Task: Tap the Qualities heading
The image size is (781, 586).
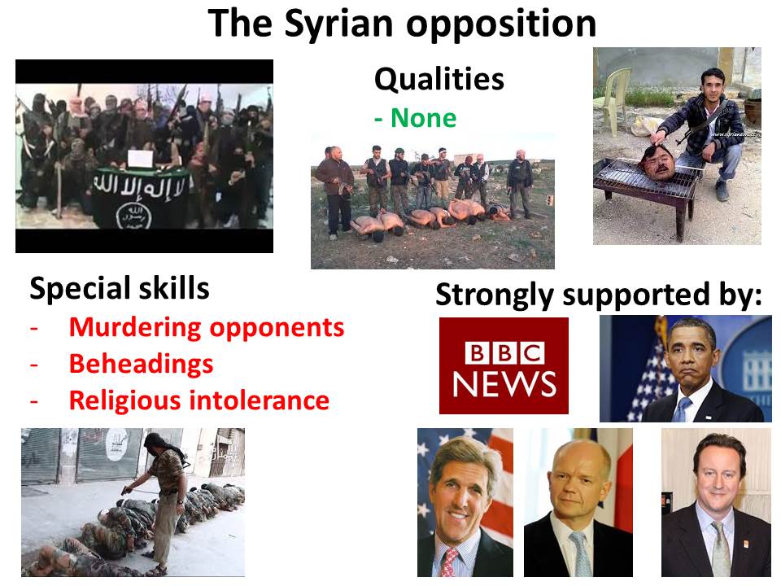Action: coord(438,79)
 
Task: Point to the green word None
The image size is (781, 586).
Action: coord(423,118)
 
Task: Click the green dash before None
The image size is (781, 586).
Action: coord(378,120)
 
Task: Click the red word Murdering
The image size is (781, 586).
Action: coord(136,328)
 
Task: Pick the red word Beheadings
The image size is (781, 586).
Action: coord(141,365)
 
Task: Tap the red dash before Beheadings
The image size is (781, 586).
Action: coord(34,365)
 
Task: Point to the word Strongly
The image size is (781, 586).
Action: coord(495,295)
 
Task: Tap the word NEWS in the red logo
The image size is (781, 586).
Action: coord(504,383)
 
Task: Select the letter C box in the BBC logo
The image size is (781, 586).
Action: coord(532,352)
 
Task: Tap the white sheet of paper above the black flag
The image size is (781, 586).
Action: coord(141,159)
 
